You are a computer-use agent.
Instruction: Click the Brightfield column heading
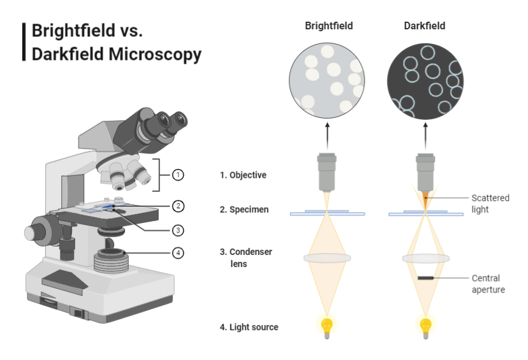(x=328, y=26)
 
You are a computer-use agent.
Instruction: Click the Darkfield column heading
(x=425, y=26)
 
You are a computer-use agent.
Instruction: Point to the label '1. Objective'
(x=243, y=175)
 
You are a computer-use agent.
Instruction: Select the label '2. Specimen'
(x=244, y=209)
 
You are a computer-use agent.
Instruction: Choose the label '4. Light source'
(x=249, y=328)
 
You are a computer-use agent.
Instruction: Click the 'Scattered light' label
(x=490, y=203)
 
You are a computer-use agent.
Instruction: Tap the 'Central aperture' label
(x=488, y=284)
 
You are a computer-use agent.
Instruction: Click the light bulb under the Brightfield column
(x=328, y=326)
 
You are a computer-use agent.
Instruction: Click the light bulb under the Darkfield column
(x=425, y=326)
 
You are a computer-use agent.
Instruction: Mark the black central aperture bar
(x=425, y=278)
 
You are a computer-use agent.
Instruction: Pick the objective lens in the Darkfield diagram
(x=425, y=171)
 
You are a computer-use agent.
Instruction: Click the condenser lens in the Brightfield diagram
(x=328, y=258)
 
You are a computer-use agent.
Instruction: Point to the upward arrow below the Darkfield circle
(x=425, y=134)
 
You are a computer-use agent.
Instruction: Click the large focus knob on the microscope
(x=41, y=229)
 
